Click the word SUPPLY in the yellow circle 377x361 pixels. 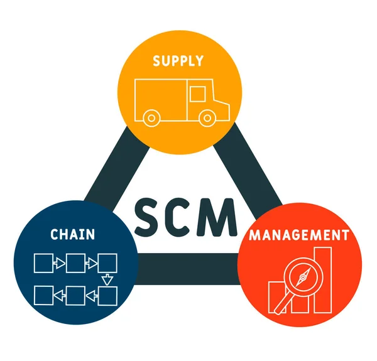coord(179,61)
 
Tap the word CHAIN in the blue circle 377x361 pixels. coord(73,235)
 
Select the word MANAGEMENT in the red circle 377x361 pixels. coord(298,235)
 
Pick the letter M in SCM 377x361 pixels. coord(220,215)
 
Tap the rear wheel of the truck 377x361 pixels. coord(151,117)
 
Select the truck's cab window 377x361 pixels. coord(197,94)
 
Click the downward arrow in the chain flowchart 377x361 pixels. coord(107,278)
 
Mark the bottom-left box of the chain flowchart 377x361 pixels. coord(44,294)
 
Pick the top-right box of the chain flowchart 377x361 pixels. coord(107,262)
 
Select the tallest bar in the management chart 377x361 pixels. coord(322,279)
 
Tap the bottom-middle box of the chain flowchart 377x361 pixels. coord(75,294)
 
